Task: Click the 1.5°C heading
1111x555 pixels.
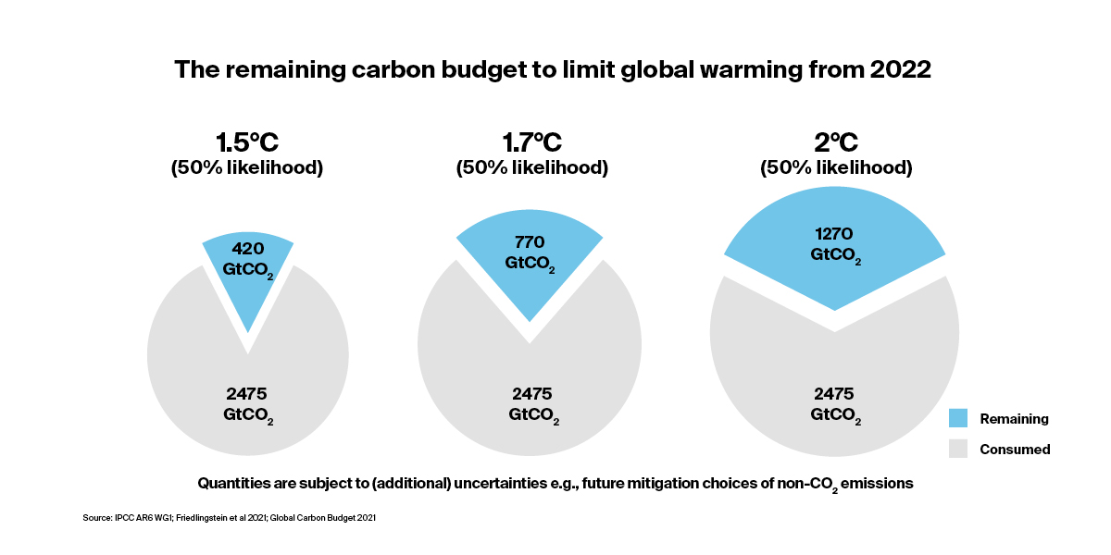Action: point(247,142)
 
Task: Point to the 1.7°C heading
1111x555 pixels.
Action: point(531,142)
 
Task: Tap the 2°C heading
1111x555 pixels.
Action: point(836,142)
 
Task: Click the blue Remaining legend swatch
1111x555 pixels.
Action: point(959,418)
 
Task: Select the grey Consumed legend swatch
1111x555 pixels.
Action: point(959,450)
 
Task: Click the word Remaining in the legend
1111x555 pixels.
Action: point(1014,418)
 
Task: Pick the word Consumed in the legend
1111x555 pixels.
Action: point(1015,450)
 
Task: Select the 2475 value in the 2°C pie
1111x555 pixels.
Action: point(836,392)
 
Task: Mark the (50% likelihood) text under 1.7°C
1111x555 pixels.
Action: point(531,168)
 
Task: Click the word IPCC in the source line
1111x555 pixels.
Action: point(121,519)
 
